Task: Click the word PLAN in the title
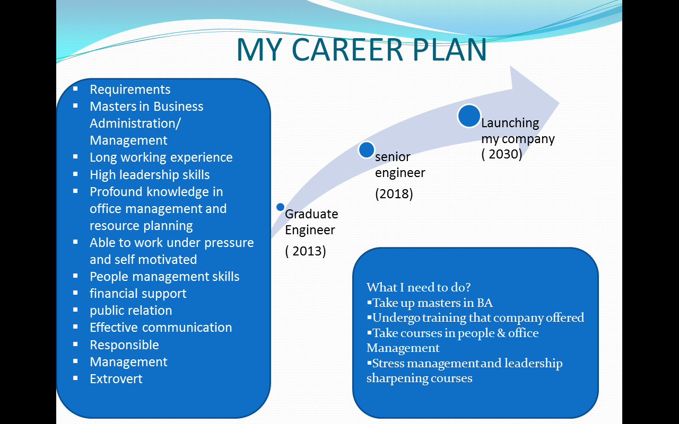tap(449, 50)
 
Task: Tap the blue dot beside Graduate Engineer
tap(280, 207)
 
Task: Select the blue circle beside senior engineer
tap(367, 150)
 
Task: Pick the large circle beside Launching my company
tap(469, 116)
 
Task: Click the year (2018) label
tap(394, 194)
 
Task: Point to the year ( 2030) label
tap(502, 154)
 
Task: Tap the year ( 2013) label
tap(306, 251)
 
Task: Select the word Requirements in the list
tap(130, 90)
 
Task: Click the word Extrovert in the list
tap(116, 379)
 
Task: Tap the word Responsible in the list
tap(124, 345)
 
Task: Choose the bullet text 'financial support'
tap(138, 294)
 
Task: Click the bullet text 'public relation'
tap(131, 311)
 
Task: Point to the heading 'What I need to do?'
tap(419, 287)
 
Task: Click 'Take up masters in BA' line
tap(432, 303)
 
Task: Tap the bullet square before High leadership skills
tap(76, 174)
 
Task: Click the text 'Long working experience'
tap(161, 157)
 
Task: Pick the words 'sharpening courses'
tap(419, 378)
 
